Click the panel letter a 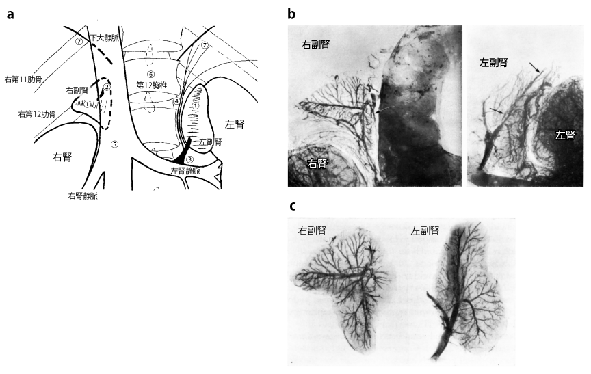point(10,14)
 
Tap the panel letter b point(291,14)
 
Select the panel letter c point(292,206)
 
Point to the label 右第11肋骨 point(23,79)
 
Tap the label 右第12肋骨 point(37,113)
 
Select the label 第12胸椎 point(152,85)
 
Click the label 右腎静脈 point(83,196)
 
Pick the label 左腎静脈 point(185,170)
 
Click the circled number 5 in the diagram point(115,144)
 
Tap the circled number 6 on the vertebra point(150,73)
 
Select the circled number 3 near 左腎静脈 point(190,160)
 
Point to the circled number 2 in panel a point(107,87)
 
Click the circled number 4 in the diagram point(176,101)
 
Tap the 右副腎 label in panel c point(312,230)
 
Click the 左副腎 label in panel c point(425,230)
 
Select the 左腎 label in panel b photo point(566,135)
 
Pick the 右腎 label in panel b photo point(317,163)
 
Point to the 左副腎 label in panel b point(494,62)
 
